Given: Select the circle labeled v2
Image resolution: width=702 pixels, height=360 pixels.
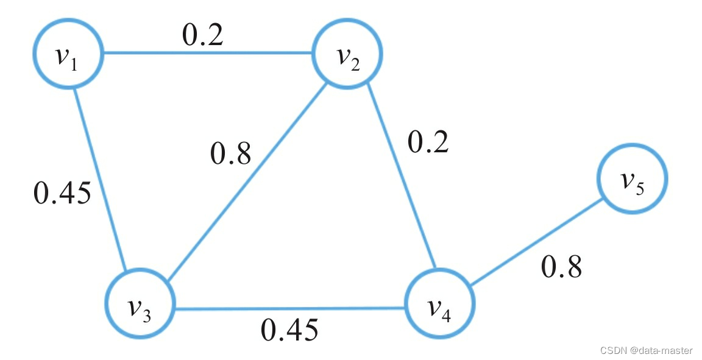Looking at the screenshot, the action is [347, 55].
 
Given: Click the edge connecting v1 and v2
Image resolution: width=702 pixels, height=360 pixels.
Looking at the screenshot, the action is [207, 53].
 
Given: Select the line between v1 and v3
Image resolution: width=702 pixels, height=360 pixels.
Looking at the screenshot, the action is [101, 180].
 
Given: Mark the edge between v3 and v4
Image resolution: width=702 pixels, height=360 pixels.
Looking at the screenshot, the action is [289, 308].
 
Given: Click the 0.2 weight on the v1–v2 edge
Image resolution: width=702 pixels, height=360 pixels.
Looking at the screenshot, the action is [203, 35].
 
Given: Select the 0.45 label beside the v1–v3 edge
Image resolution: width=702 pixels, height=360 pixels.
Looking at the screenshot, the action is [63, 192].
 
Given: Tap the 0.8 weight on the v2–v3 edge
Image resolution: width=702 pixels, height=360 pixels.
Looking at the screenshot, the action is [230, 154].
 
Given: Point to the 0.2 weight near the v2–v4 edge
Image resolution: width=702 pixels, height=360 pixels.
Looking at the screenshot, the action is [428, 142].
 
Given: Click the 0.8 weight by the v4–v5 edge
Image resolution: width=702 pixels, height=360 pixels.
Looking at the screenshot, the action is [561, 266].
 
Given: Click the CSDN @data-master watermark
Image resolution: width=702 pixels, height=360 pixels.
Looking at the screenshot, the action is [646, 350].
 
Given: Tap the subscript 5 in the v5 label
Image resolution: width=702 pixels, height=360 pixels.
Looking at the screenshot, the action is [639, 188].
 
